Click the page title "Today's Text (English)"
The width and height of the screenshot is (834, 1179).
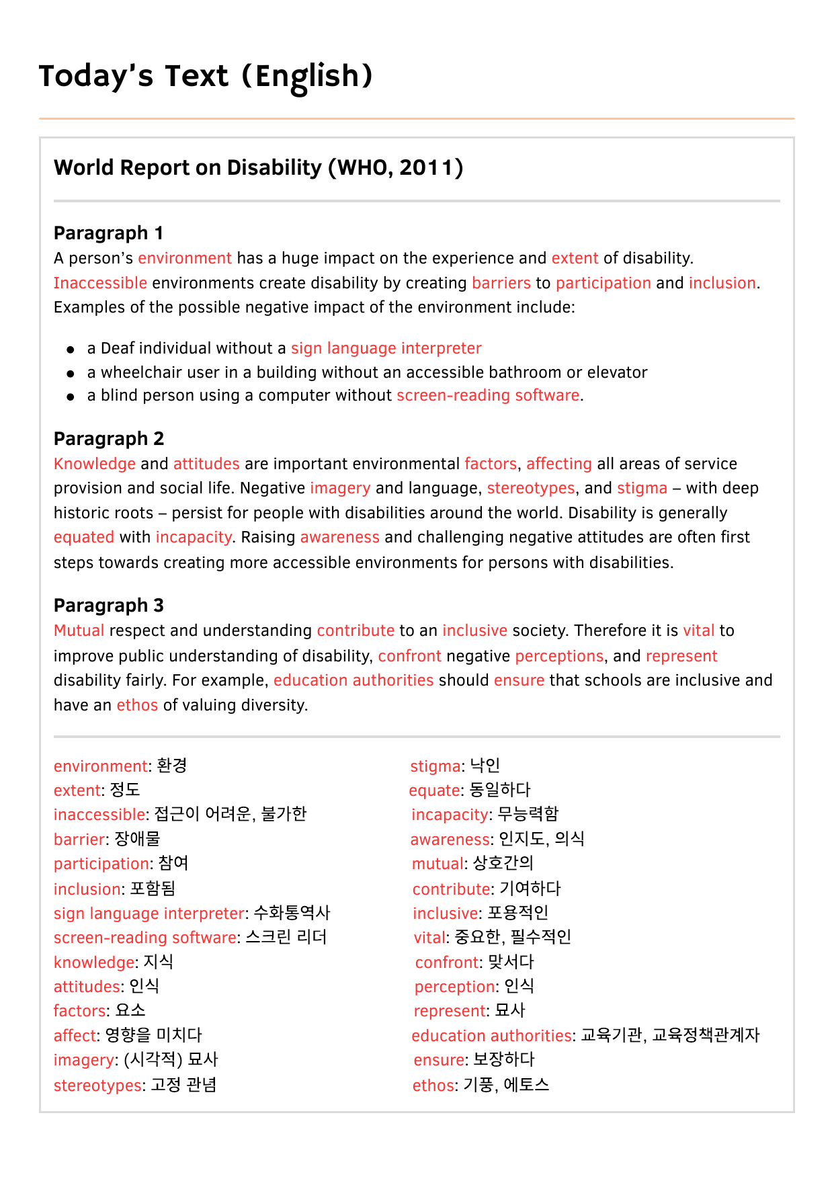[x=206, y=76]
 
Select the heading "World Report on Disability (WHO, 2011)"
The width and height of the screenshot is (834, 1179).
[x=258, y=167]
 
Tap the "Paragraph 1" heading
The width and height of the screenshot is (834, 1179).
[x=108, y=233]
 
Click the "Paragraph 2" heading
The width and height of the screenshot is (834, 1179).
[x=108, y=439]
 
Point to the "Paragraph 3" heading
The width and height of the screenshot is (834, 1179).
[x=108, y=606]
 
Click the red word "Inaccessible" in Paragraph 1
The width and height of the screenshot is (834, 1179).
[x=100, y=283]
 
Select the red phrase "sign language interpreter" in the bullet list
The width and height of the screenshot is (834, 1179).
[x=386, y=348]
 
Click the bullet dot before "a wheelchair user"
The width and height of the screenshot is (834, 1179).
[x=71, y=373]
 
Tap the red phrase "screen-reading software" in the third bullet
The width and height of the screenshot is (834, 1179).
[x=487, y=395]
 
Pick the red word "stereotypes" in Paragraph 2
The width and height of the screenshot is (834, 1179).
[x=530, y=488]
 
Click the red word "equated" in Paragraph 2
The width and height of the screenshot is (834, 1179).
[x=84, y=537]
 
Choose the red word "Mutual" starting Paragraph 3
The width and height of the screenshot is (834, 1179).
[x=79, y=631]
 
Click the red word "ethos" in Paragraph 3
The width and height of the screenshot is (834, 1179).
[x=137, y=705]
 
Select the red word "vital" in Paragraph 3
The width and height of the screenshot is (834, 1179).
[x=698, y=631]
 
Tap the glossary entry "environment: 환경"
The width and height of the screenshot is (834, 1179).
[x=120, y=766]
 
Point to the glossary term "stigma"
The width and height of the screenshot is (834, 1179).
[x=435, y=766]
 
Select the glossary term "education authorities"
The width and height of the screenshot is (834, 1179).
[x=491, y=1036]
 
